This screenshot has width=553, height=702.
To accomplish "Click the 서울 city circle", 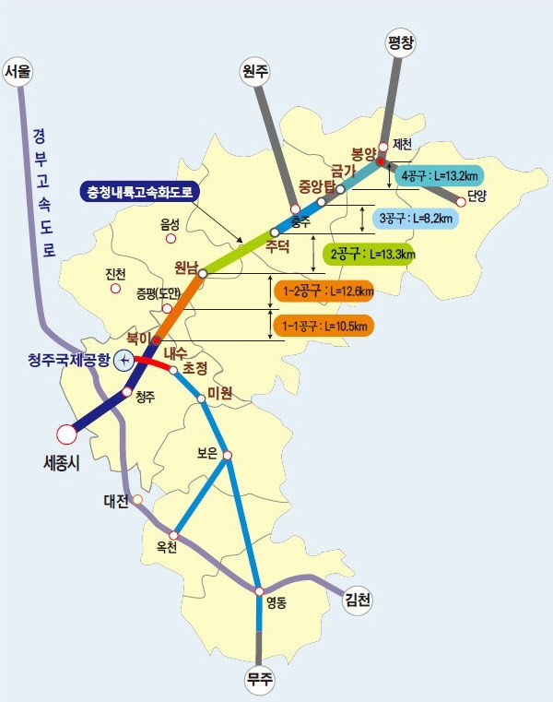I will click(18, 71).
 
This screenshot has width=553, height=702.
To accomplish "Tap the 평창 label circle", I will click(400, 42).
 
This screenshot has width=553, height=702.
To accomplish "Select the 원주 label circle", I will click(253, 72).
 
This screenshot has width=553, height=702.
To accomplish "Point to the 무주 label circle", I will click(259, 681).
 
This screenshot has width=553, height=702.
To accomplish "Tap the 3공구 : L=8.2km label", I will click(415, 219).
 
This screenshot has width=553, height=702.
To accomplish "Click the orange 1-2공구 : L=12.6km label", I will click(323, 292).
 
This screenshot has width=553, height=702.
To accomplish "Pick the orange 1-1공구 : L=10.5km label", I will click(323, 326).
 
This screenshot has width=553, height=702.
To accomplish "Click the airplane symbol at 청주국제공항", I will click(122, 361).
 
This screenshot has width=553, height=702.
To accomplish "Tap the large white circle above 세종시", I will click(66, 433).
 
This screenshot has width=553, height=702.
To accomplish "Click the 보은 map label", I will click(207, 453).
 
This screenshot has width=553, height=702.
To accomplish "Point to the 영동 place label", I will click(276, 604).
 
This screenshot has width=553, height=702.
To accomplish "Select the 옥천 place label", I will click(166, 547).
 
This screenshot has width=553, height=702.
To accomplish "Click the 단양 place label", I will click(477, 196).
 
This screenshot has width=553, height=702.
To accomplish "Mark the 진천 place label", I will click(115, 273).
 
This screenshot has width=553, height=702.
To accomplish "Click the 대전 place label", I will click(116, 503).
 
